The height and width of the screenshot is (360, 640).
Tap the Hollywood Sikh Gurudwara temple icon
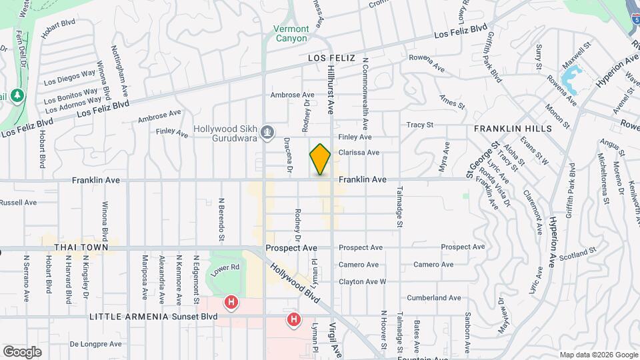pos(267,133)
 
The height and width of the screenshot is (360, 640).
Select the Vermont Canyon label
pos(291,33)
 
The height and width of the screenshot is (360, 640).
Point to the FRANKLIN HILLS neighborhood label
pos(513,128)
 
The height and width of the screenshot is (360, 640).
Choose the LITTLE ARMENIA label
pos(127,316)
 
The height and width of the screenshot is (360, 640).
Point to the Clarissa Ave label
pos(359,153)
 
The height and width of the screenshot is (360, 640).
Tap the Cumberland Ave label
pos(437,298)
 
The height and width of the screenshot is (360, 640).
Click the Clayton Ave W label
pos(362,281)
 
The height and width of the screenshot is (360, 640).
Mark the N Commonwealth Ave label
pos(365,93)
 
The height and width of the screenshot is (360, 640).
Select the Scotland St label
pos(577,254)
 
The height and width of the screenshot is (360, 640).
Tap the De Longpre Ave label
pos(96,344)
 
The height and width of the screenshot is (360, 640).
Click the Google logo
pos(22,352)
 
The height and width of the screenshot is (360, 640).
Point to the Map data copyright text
pos(597,355)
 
